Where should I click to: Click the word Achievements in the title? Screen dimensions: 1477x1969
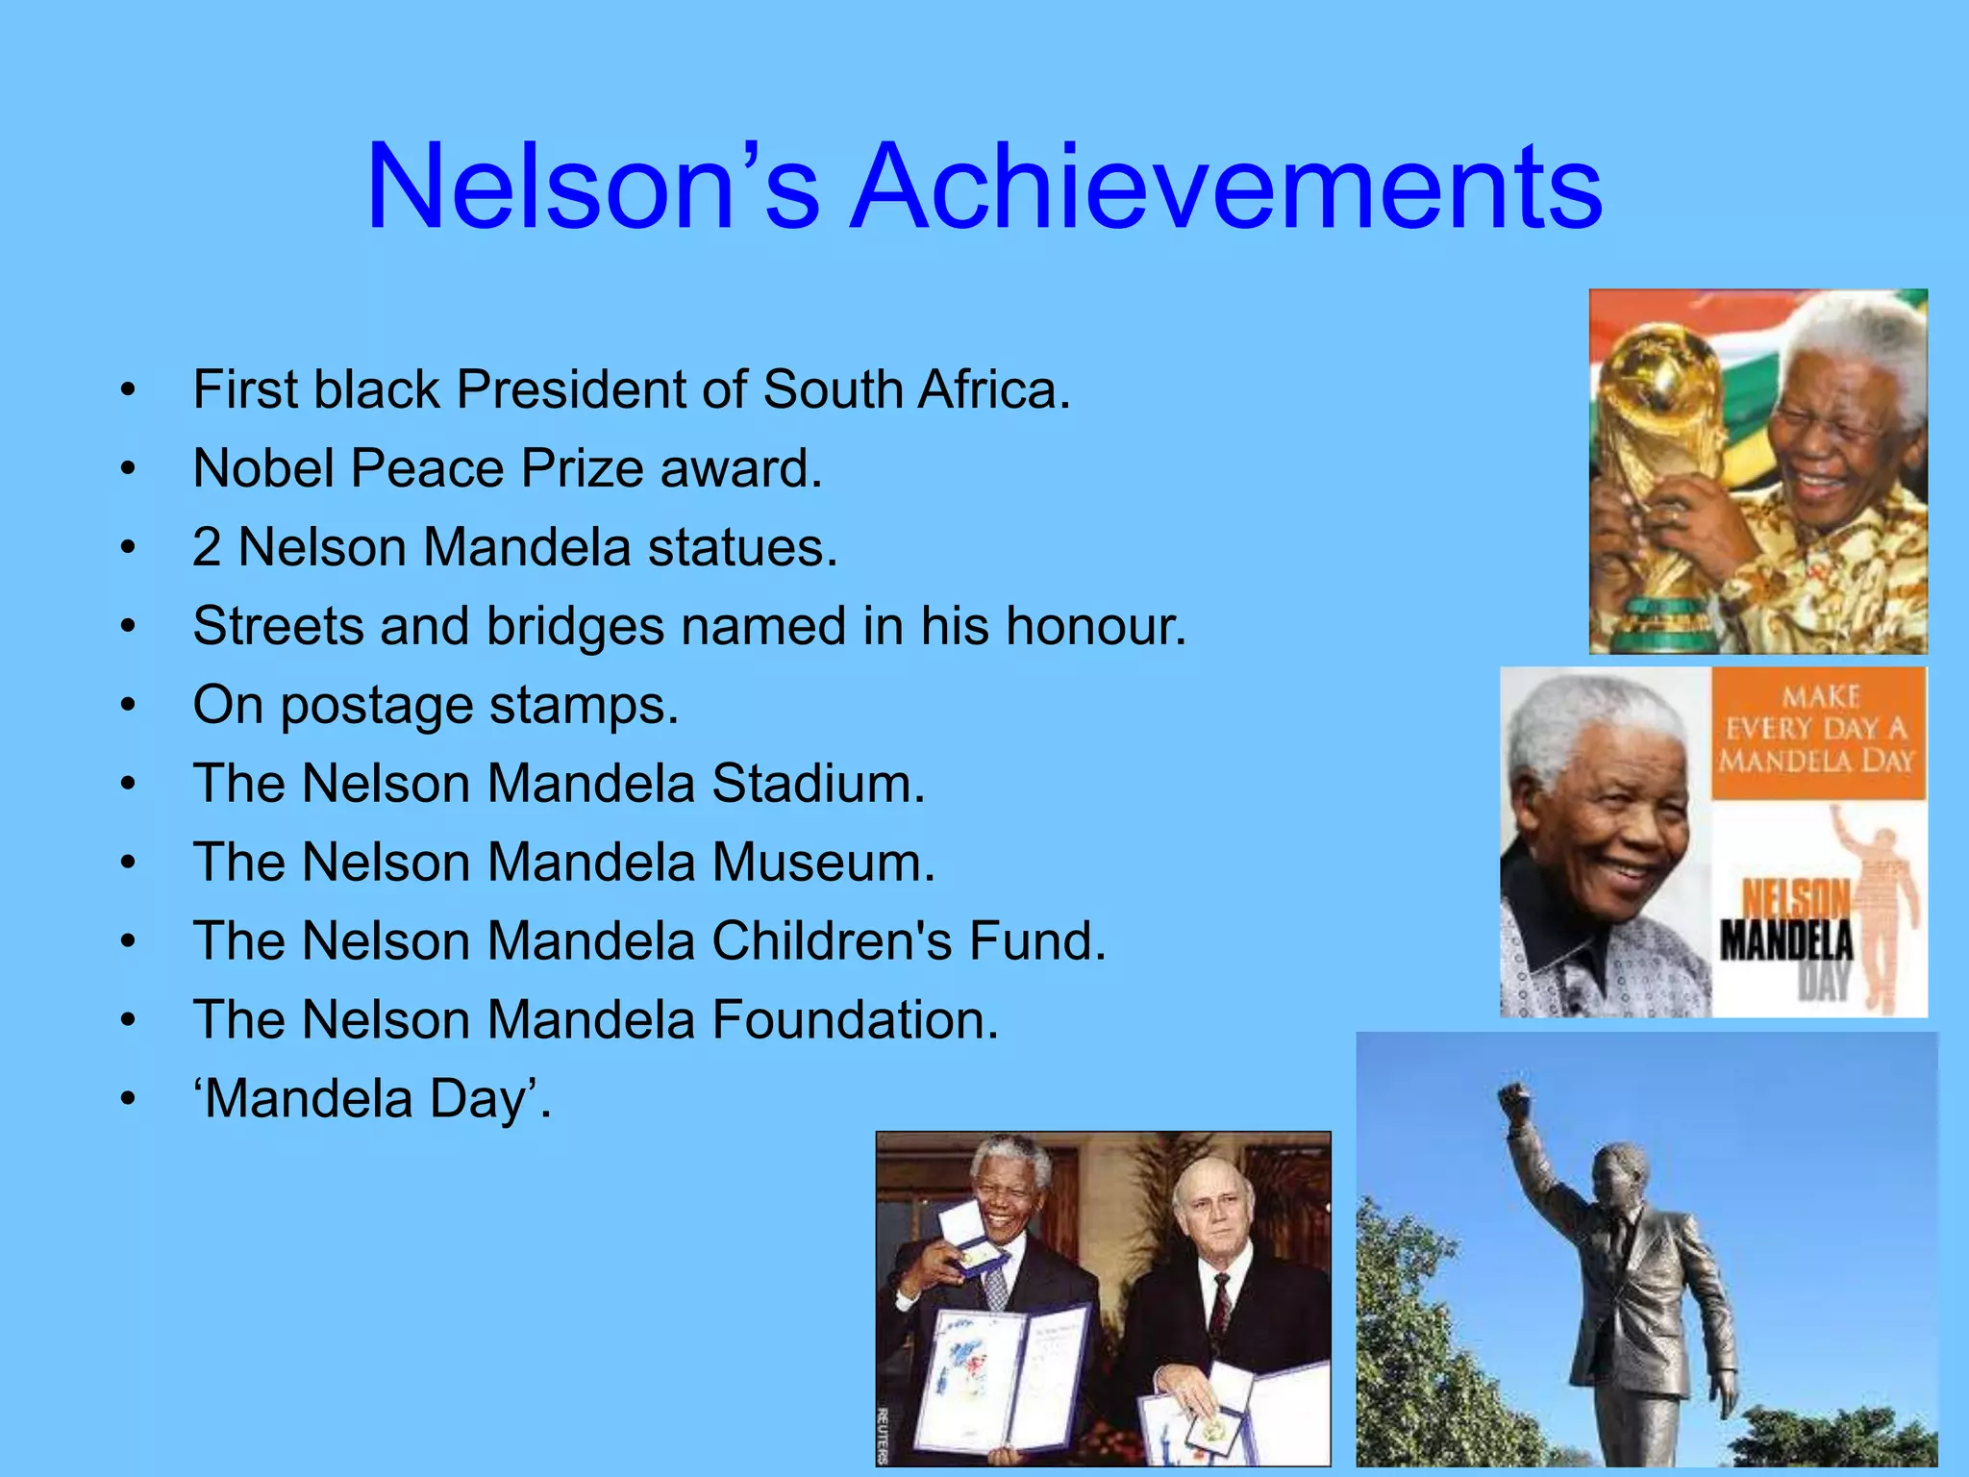pyautogui.click(x=1227, y=187)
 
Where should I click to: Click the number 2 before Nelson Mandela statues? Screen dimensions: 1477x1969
pyautogui.click(x=206, y=548)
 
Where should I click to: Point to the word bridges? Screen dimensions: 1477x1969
pyautogui.click(x=575, y=627)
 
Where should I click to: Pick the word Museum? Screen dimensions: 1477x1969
pyautogui.click(x=822, y=863)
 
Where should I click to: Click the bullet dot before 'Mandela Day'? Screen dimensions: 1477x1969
pyautogui.click(x=128, y=1099)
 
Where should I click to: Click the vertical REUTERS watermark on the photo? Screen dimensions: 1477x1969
pyautogui.click(x=884, y=1433)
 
